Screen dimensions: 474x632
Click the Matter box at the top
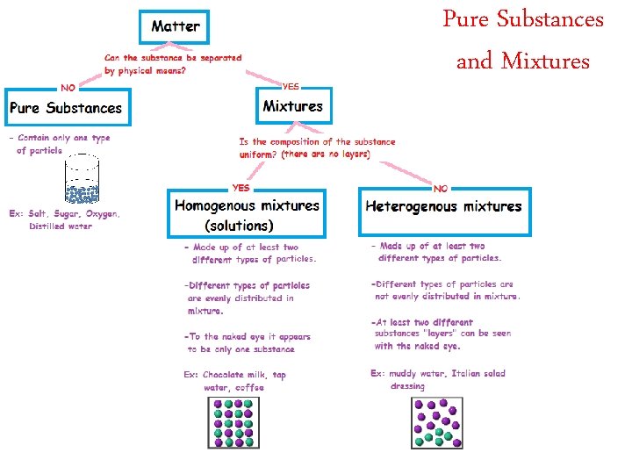coord(175,25)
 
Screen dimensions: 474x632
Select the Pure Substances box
coord(66,109)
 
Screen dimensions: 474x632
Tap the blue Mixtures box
coord(293,107)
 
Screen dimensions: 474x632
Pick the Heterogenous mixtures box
coord(444,208)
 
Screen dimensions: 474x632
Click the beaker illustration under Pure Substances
coord(83,181)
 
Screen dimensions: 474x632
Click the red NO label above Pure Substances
coord(67,87)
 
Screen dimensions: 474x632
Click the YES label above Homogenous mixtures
coord(240,187)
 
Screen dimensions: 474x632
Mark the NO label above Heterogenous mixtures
coord(441,188)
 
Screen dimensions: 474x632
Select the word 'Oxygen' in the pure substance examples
coord(102,214)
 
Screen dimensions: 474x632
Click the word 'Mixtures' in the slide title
coord(545,61)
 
